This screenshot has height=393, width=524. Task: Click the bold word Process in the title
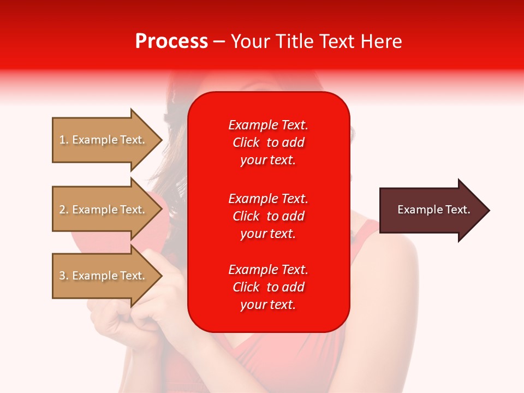(x=171, y=41)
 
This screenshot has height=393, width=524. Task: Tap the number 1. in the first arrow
(x=64, y=140)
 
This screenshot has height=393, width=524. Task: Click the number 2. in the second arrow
(x=64, y=210)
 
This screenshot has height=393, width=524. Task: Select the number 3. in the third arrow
(x=64, y=276)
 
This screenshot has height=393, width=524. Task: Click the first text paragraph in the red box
(x=268, y=142)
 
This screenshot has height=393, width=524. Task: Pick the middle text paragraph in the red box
(x=268, y=216)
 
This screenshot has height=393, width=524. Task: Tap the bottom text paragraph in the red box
(x=268, y=287)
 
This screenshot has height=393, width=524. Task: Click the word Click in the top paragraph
(x=246, y=142)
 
